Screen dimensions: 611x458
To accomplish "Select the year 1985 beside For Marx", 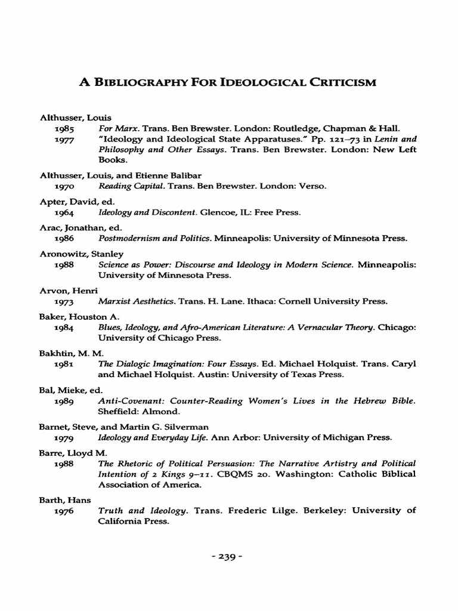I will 64,128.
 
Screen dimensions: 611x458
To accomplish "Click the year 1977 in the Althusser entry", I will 64,139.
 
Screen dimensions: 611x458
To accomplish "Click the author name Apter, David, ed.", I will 69,202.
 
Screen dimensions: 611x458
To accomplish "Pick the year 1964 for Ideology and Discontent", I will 64,212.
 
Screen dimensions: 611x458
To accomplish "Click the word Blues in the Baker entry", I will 109,328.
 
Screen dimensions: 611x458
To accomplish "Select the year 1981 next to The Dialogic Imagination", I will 64,363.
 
